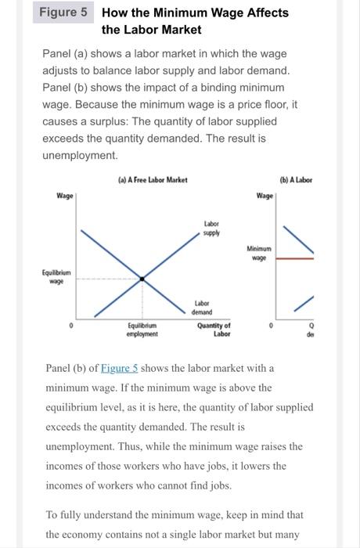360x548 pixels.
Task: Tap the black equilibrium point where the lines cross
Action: click(x=142, y=278)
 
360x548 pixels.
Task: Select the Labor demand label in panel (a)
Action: click(x=202, y=308)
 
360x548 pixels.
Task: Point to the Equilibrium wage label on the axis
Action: click(x=56, y=277)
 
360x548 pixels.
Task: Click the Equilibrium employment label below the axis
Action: click(x=142, y=329)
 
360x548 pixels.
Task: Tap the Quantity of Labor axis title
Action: click(x=214, y=329)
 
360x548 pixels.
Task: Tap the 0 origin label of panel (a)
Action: click(x=71, y=323)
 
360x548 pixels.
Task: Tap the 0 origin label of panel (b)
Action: click(x=271, y=323)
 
